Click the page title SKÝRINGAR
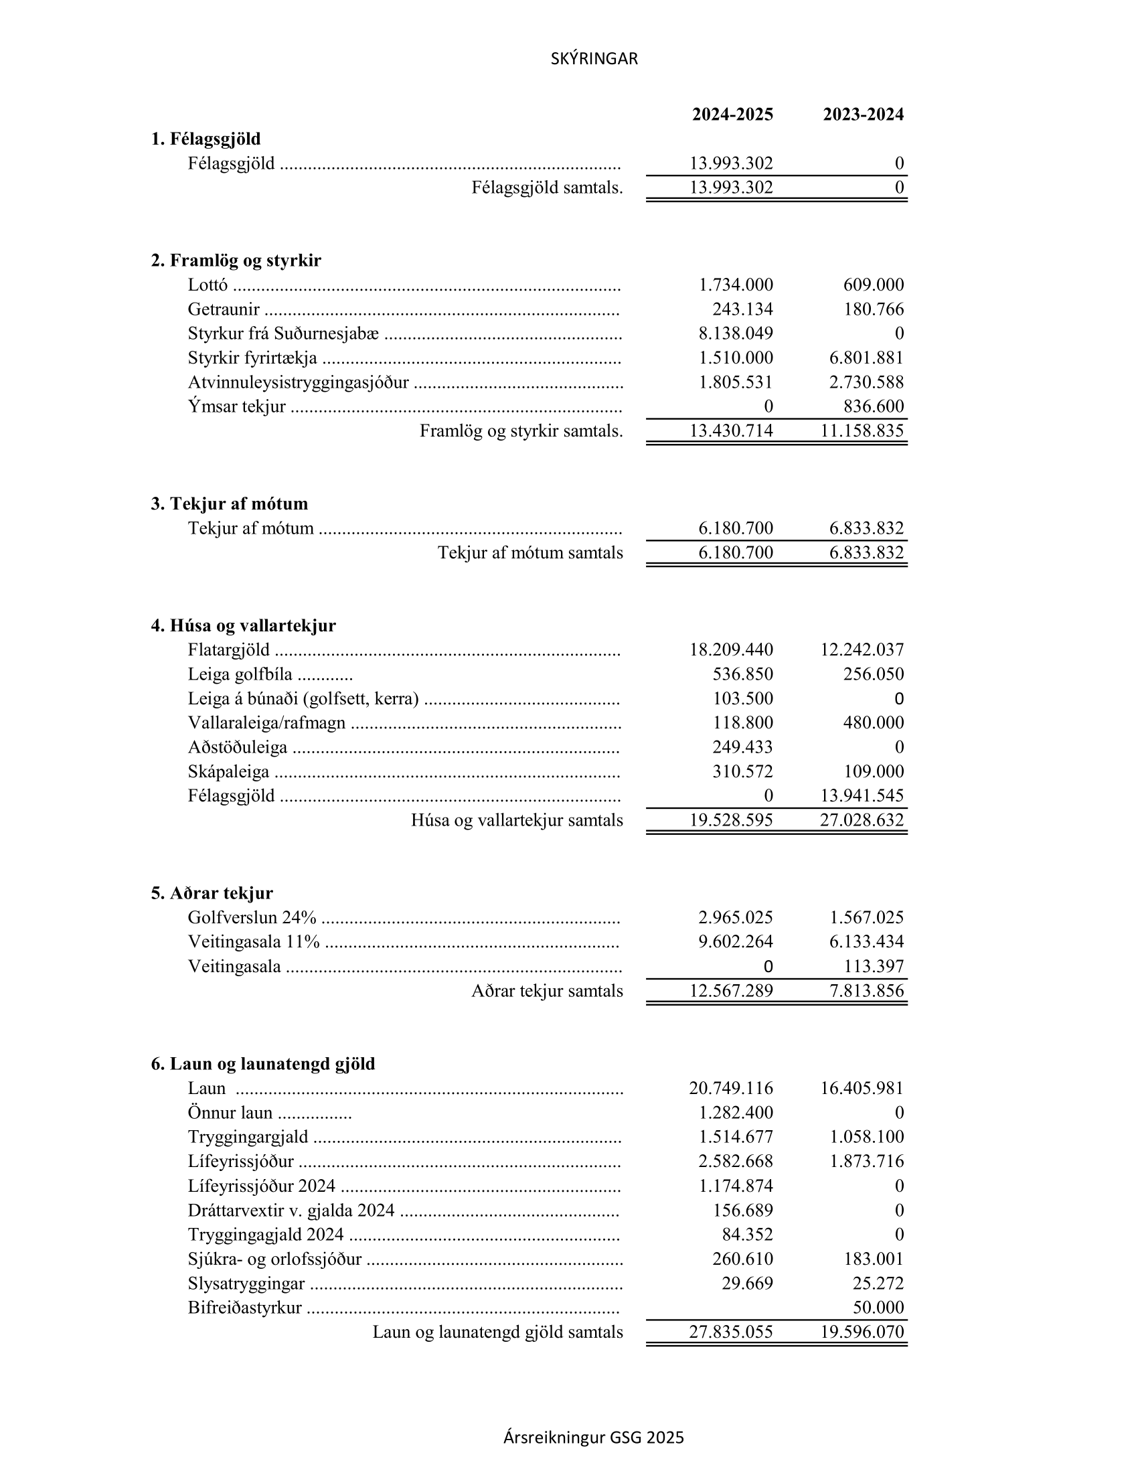click(594, 60)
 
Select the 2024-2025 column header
click(732, 114)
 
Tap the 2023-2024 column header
click(863, 114)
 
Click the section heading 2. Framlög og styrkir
click(236, 260)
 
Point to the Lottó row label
click(208, 285)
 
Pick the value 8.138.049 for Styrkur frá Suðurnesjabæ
click(736, 334)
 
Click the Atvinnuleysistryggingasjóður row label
click(298, 382)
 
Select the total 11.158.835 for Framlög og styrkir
click(862, 431)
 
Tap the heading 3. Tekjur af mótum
click(229, 503)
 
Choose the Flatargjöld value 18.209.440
click(731, 650)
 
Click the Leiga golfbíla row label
click(240, 674)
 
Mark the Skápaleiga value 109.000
click(873, 771)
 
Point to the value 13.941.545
click(862, 796)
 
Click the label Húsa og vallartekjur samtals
click(517, 821)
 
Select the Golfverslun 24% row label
click(252, 918)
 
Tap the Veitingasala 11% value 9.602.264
click(736, 941)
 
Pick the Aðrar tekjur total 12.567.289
click(731, 991)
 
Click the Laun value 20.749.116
click(731, 1088)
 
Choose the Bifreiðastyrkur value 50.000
click(878, 1308)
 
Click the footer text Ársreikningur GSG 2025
click(593, 1438)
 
